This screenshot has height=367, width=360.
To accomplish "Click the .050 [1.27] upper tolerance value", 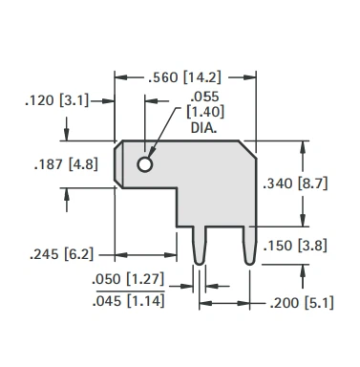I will click(130, 282).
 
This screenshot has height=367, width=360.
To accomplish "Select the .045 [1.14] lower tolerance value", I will click(130, 303).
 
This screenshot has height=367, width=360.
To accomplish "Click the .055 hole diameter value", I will click(204, 97).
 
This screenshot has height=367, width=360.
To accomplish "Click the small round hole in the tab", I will click(145, 164).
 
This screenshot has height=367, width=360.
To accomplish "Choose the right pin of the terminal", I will click(249, 246).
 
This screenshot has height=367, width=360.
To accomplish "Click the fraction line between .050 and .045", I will click(130, 292).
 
